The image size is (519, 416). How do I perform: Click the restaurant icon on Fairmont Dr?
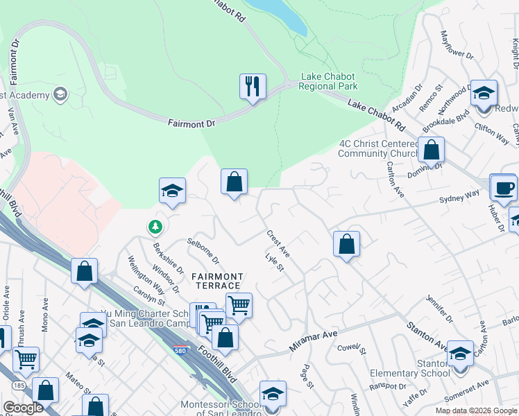[x=252, y=87]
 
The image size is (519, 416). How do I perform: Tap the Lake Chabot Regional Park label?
[x=328, y=81]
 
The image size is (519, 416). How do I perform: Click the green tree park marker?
[x=155, y=226]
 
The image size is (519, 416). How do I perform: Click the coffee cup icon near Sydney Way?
[x=503, y=187]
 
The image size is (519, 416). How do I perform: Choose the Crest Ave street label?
[x=278, y=245]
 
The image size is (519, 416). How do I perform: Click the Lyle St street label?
[x=275, y=266]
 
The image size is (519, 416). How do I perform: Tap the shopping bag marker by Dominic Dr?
[x=431, y=149]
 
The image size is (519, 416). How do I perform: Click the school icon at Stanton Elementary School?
[x=459, y=354]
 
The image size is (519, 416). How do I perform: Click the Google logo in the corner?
[x=23, y=408]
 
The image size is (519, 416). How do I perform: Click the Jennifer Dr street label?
[x=439, y=309]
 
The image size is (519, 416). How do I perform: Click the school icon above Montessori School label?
[x=273, y=393]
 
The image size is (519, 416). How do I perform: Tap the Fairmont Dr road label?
[x=192, y=122]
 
